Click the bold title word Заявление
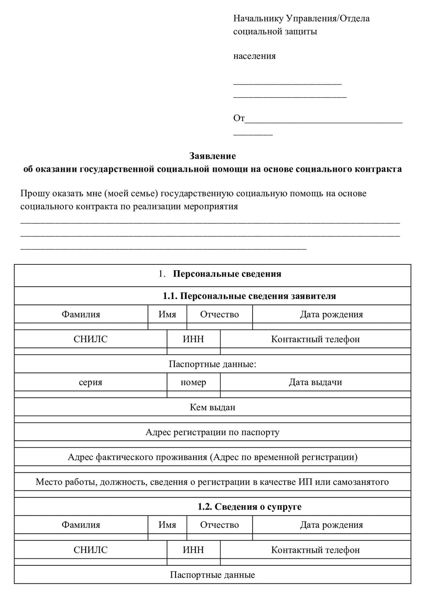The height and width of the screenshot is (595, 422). coord(212,156)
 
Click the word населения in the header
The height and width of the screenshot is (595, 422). coord(254,56)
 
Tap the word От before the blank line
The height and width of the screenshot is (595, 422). coord(239,118)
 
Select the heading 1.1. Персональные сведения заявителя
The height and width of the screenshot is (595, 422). coord(249,296)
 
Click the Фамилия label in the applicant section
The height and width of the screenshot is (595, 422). coord(81,314)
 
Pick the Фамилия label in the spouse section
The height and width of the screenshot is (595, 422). coord(81,525)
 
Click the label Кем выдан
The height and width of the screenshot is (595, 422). coord(212,407)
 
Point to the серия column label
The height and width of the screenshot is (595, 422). coord(90,382)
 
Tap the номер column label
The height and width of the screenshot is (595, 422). coord(193,382)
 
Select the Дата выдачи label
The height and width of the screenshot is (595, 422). coord(315,382)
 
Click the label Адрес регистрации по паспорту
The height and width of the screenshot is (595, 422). coord(212,432)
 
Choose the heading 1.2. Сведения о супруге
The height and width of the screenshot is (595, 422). coord(249,507)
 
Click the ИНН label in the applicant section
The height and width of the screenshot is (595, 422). coord(193,339)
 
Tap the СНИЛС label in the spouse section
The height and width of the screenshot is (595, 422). coord(90,550)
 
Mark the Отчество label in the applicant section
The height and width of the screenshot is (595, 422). coord(219,314)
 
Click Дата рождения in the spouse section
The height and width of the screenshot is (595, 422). coord(331,525)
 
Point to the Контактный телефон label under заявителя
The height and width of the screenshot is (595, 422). coord(315,339)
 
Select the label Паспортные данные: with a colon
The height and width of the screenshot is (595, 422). coord(212,364)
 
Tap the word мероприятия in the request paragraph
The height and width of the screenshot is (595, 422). coord(211,206)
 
